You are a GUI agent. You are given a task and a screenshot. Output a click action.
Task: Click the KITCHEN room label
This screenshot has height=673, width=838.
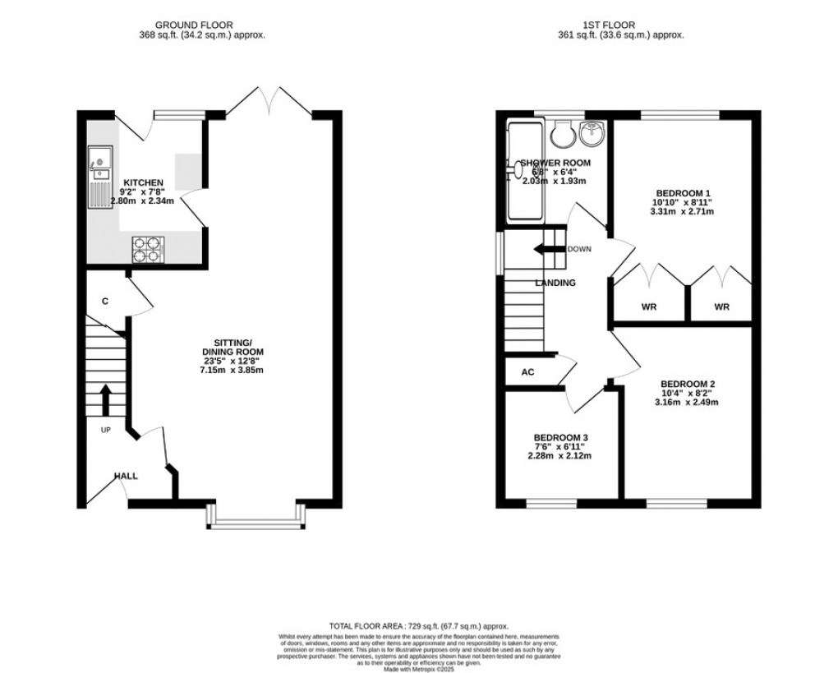point(143,182)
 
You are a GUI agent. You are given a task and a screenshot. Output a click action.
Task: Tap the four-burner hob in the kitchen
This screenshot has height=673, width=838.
point(150,250)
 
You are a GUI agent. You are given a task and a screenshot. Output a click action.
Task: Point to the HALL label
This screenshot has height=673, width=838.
point(126,475)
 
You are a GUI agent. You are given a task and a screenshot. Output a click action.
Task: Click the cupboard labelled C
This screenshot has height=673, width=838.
point(105,302)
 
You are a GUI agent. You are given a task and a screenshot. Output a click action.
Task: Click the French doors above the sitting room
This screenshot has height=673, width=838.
point(269,100)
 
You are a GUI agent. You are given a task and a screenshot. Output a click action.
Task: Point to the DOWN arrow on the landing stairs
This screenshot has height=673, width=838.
point(549,248)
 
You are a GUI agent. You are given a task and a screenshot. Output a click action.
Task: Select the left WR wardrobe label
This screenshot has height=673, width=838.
point(647,307)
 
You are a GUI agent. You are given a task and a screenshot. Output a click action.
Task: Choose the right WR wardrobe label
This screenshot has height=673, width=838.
point(721,307)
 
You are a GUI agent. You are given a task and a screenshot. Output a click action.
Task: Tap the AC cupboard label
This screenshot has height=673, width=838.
point(528,372)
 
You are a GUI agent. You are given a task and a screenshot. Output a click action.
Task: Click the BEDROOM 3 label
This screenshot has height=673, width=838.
point(562,437)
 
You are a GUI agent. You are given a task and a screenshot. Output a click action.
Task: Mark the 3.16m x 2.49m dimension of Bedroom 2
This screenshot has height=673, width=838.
point(686,403)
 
